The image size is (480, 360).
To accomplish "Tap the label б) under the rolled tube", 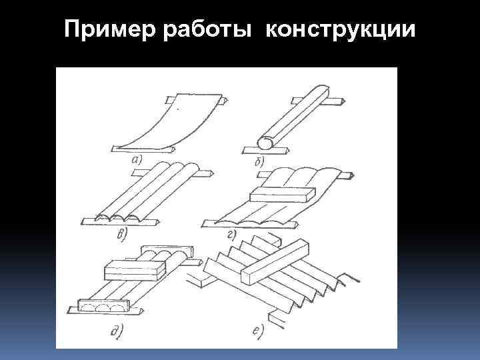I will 259,160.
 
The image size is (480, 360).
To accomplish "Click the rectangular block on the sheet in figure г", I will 280,194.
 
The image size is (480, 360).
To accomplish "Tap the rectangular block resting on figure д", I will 133,269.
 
